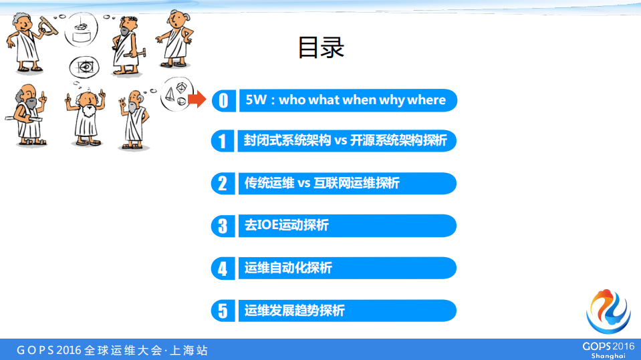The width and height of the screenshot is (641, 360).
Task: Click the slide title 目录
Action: pyautogui.click(x=321, y=47)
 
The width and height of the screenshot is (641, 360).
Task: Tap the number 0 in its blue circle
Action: pyautogui.click(x=223, y=100)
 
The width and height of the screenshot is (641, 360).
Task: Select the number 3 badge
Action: pyautogui.click(x=223, y=226)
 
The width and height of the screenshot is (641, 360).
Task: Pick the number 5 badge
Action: pyautogui.click(x=223, y=311)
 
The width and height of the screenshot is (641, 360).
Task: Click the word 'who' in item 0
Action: pyautogui.click(x=292, y=100)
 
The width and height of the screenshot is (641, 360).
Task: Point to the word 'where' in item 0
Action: pyautogui.click(x=426, y=100)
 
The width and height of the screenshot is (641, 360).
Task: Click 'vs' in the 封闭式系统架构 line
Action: pyautogui.click(x=342, y=141)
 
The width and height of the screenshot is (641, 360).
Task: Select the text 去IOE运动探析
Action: pyautogui.click(x=287, y=226)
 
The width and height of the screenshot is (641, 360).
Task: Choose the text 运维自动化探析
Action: pyautogui.click(x=288, y=268)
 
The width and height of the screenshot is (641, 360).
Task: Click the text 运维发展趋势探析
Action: pyautogui.click(x=295, y=311)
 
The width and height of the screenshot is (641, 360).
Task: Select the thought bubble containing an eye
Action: pyautogui.click(x=84, y=67)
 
